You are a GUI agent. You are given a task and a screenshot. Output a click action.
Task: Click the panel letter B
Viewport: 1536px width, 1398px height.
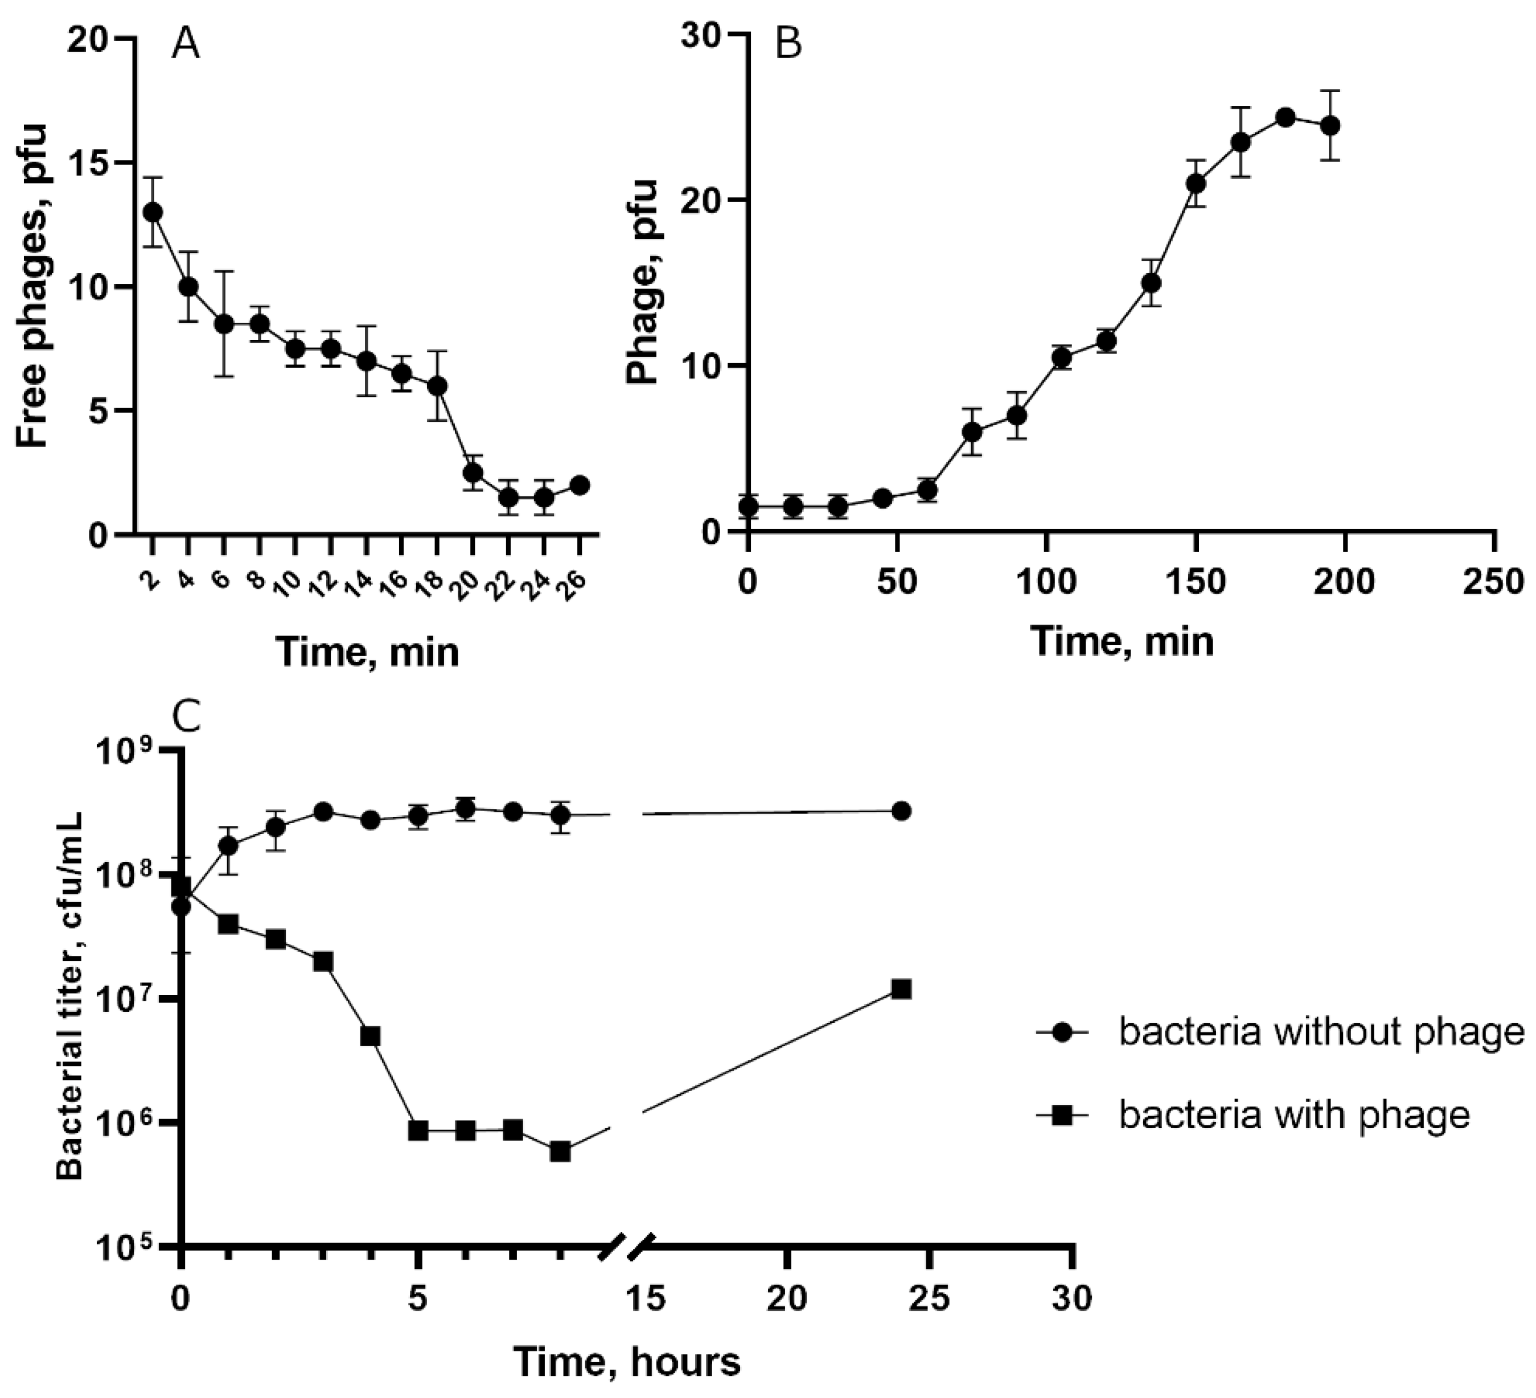tap(788, 44)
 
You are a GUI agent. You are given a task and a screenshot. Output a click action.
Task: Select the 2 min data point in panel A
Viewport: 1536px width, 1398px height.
tap(153, 212)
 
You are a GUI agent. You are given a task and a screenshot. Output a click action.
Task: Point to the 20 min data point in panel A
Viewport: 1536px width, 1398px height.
tap(473, 472)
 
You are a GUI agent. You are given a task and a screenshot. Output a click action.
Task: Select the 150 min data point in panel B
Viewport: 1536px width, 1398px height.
tap(1196, 184)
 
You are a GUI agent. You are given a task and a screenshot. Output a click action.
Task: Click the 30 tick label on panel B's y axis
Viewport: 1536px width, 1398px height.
tap(701, 36)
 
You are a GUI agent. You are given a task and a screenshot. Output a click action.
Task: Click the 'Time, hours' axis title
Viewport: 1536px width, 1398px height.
tap(626, 1362)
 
